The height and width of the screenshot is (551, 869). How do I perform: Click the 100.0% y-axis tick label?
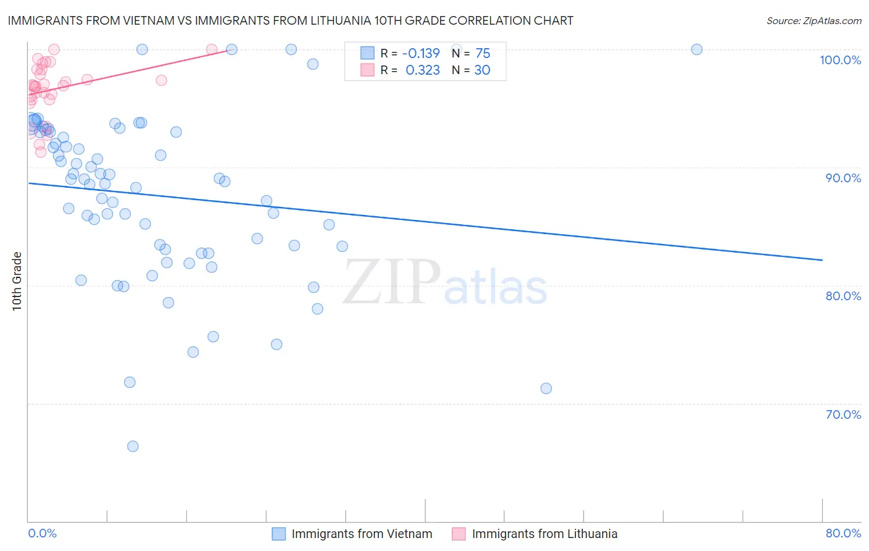click(840, 60)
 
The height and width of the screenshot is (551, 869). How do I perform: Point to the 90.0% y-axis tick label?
click(843, 178)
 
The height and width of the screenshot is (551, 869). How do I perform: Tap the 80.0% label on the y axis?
click(843, 296)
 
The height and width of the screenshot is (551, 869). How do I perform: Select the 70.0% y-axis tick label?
click(843, 414)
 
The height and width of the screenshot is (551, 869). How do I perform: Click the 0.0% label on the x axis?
click(42, 533)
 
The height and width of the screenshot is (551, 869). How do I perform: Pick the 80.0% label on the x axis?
click(843, 533)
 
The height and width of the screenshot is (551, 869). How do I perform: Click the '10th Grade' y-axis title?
click(17, 281)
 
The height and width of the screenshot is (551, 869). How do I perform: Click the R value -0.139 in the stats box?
click(421, 53)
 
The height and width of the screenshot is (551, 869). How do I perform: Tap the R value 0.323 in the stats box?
click(423, 70)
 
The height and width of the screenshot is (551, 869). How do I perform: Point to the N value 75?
click(483, 53)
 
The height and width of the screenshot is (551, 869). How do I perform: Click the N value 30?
click(482, 70)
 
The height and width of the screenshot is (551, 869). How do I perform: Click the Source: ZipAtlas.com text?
click(813, 21)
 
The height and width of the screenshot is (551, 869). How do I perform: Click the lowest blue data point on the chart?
click(132, 446)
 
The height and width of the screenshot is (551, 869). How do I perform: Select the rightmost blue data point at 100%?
click(697, 49)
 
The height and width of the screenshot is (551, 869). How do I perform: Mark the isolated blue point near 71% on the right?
click(546, 389)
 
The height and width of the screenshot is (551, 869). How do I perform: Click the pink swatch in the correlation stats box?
click(367, 70)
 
